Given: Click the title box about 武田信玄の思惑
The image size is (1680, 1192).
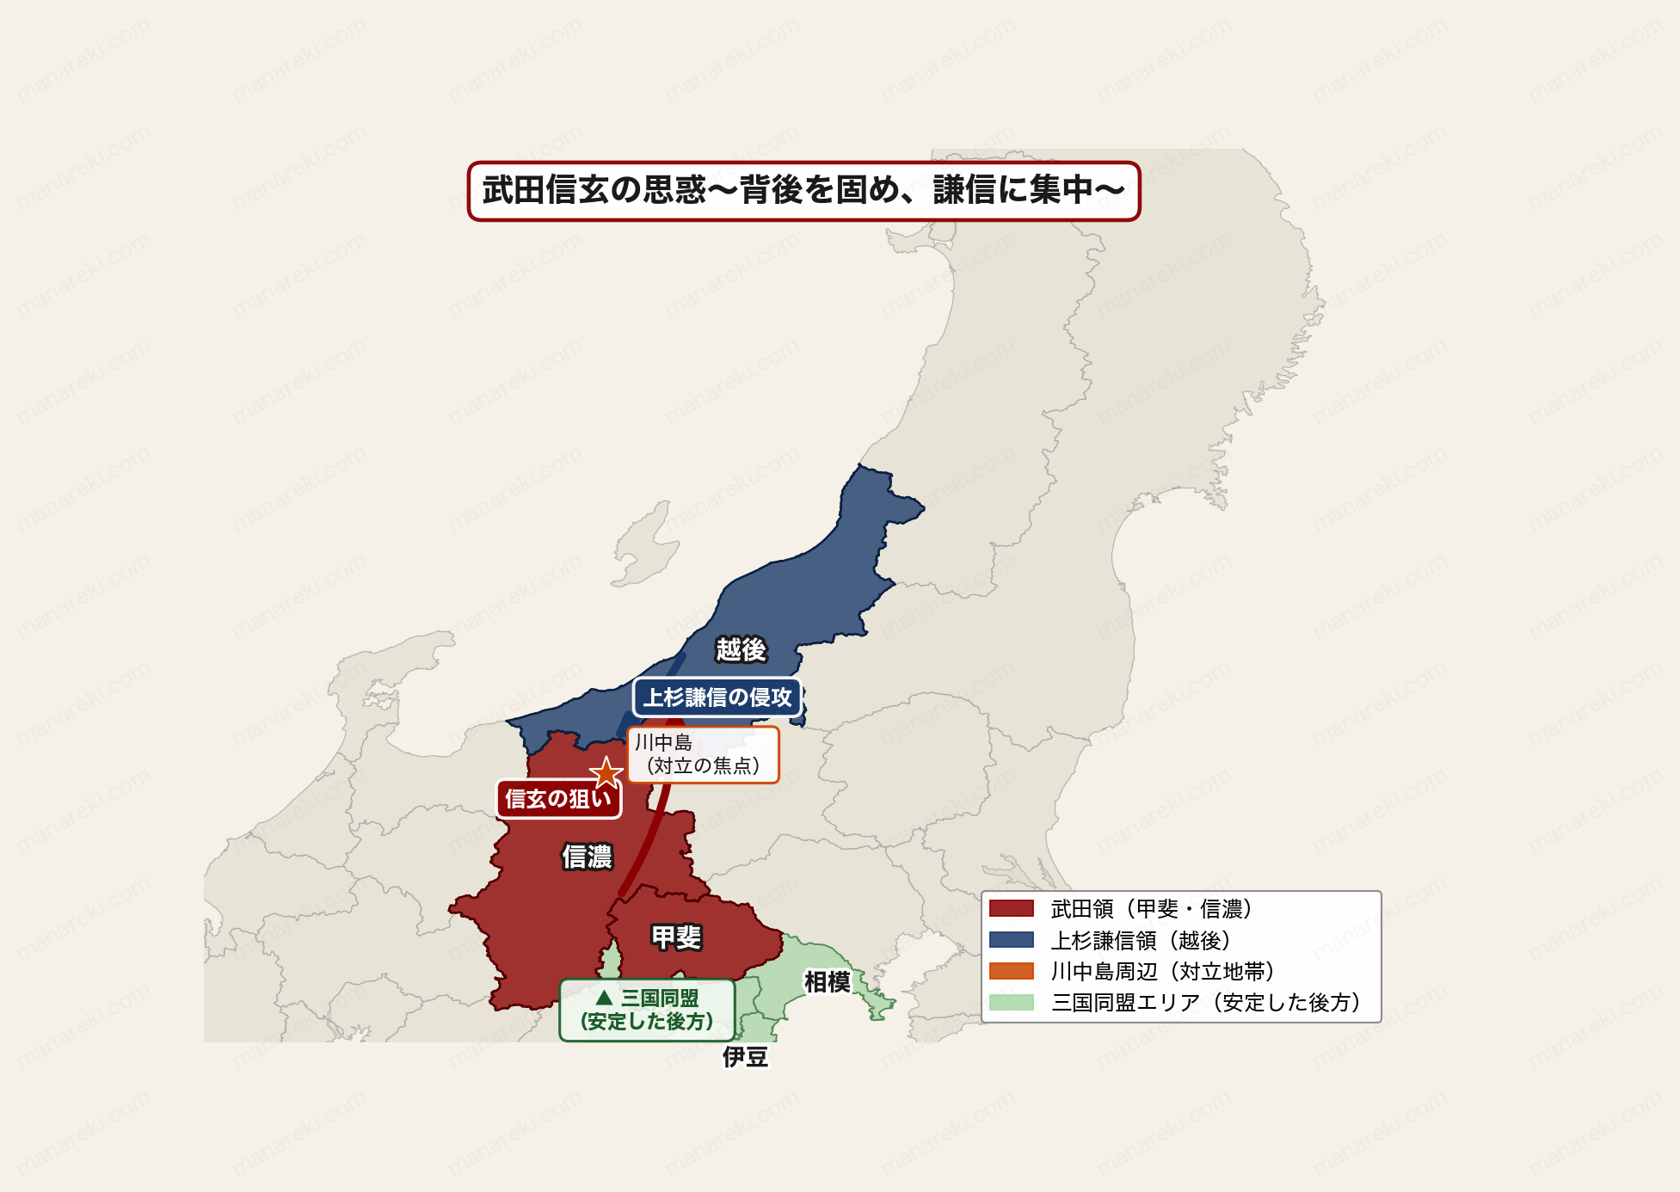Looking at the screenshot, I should (x=803, y=191).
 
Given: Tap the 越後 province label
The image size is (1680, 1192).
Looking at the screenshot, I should (x=741, y=649).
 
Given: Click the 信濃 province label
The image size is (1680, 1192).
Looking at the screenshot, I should (x=587, y=857).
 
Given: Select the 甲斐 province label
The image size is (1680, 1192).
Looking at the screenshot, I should (x=676, y=937).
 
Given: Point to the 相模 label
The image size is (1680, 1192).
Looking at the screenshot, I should (x=827, y=981).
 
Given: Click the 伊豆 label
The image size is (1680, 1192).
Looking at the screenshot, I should (x=745, y=1056).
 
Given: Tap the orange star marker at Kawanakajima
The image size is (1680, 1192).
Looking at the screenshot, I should (x=606, y=773).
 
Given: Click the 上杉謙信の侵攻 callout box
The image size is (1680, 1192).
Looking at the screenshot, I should (x=717, y=697).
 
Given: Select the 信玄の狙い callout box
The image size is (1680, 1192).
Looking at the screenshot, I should (x=558, y=799).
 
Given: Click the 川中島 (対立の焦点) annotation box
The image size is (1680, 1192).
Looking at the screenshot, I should (x=703, y=754).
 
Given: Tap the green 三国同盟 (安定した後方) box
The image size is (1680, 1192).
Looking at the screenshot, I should (x=648, y=1010).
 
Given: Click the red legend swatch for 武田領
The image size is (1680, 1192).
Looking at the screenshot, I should (x=1011, y=908).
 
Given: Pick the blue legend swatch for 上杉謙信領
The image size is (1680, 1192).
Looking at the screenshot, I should (x=1011, y=939).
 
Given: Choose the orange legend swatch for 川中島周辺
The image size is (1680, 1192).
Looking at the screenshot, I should (x=1011, y=971).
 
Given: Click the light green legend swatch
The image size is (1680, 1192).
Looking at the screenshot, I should (x=1011, y=1002).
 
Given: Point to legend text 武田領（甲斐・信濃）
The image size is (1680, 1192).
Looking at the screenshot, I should (x=1151, y=908).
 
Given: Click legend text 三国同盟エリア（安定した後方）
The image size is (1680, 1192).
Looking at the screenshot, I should (x=1205, y=1002).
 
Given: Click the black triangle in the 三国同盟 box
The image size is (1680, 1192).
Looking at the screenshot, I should (x=604, y=998).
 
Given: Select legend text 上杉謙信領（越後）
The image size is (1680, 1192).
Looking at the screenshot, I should (x=1140, y=940).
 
